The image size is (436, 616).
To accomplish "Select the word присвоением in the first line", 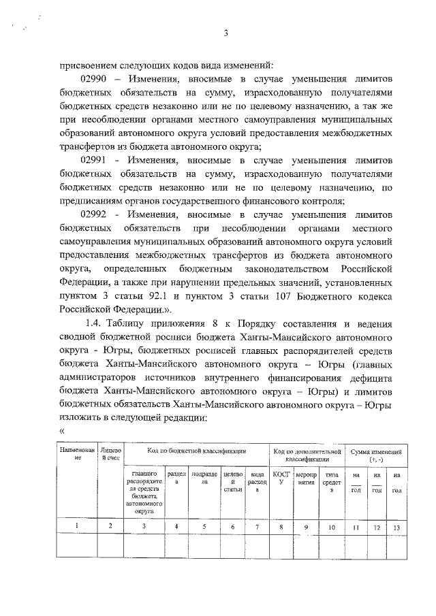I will point(88,66).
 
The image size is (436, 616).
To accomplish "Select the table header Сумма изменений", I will point(376,455).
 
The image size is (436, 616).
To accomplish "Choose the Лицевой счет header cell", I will point(110,455).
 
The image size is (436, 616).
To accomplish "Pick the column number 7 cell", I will point(257,526).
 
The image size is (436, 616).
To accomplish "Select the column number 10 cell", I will point(332,526).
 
